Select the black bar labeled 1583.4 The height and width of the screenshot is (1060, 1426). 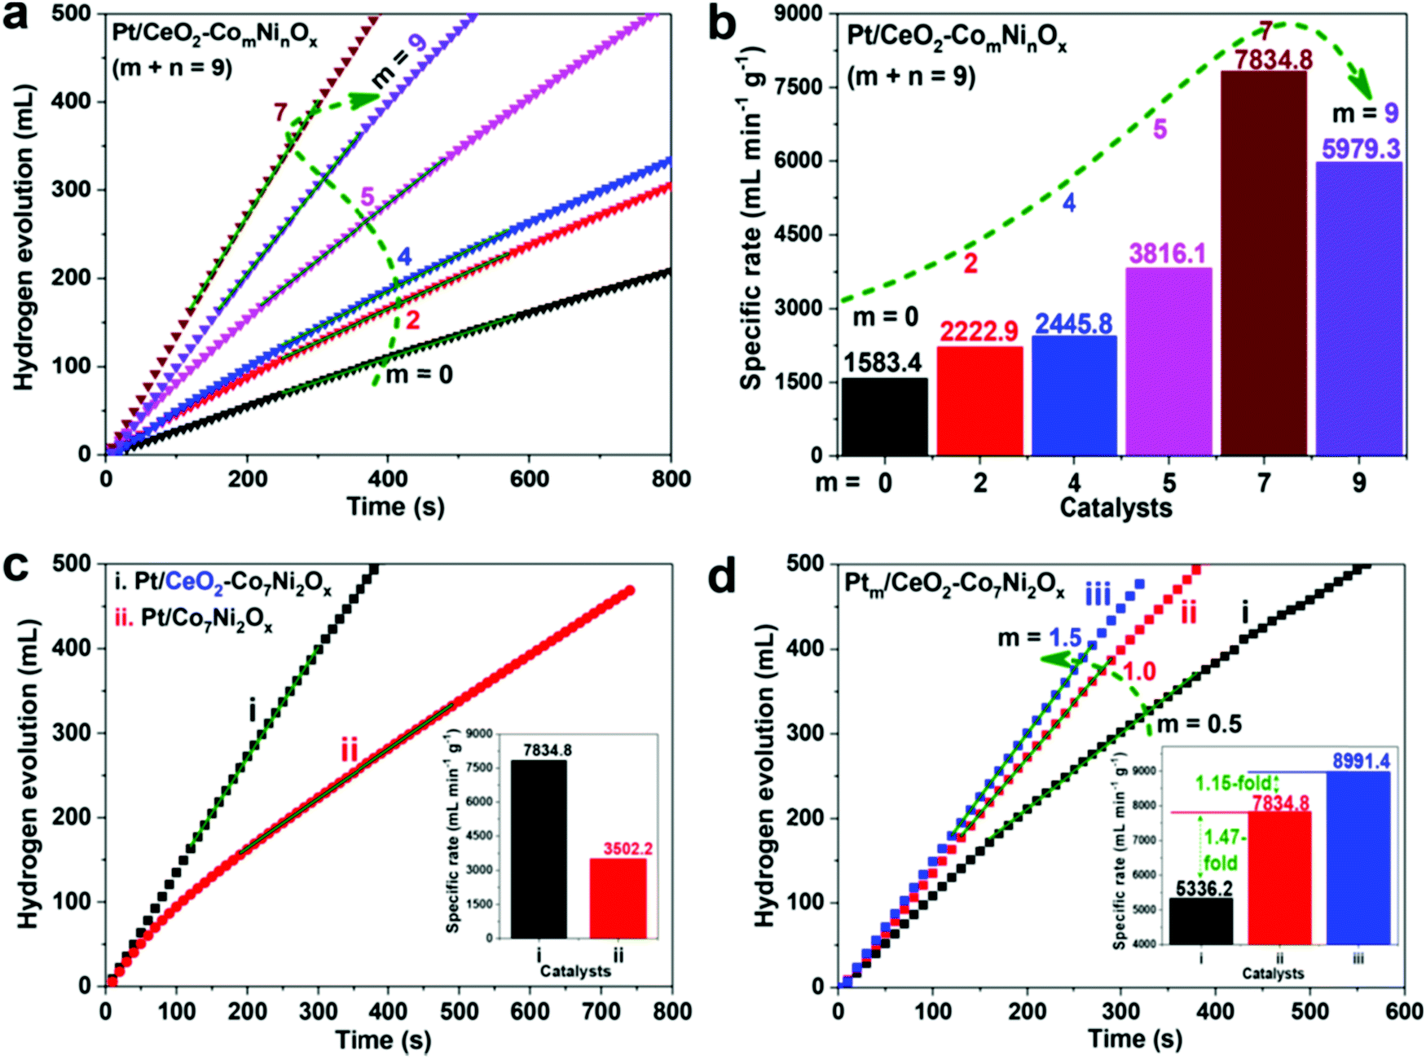884,416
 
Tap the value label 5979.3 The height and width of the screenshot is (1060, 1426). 1361,149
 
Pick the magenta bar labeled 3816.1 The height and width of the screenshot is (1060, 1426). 1169,361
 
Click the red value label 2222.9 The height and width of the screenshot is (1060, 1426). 979,331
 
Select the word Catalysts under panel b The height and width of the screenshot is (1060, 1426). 1116,508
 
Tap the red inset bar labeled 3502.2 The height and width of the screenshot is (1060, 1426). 618,898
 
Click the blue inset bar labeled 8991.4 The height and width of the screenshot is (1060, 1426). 1358,858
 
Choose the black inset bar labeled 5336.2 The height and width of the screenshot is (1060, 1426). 1201,921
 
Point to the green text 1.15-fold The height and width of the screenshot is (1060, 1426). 1233,784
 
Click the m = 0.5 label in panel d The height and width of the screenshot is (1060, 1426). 1199,724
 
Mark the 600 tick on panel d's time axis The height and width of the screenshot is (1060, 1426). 1404,1012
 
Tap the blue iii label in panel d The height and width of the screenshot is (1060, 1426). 1098,596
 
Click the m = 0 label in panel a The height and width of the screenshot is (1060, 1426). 419,375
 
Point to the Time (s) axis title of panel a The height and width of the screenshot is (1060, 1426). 395,507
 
